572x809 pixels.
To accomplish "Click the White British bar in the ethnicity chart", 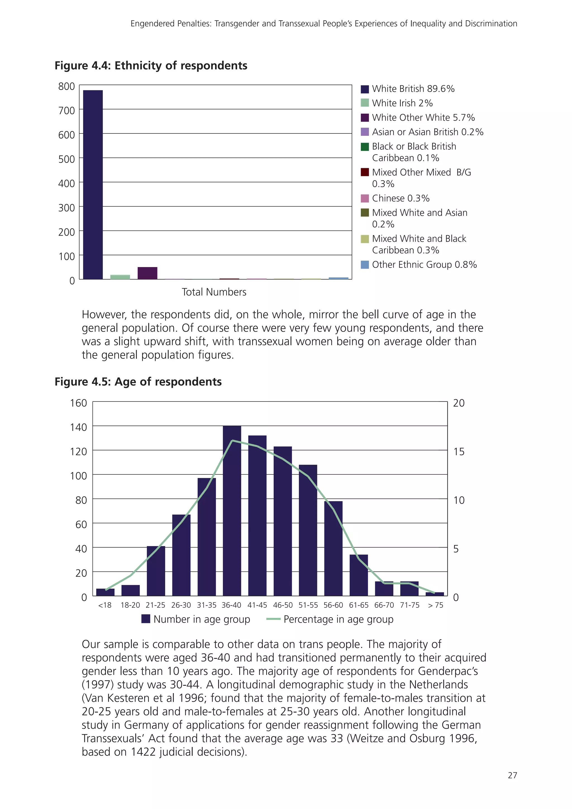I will click(x=93, y=185).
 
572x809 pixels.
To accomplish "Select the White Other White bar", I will click(x=147, y=273).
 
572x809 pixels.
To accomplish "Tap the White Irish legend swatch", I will click(x=365, y=103).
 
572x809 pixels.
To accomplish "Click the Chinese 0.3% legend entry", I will click(x=401, y=198).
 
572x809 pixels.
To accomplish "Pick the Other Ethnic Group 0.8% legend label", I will click(x=424, y=265).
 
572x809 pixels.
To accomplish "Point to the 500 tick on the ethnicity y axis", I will click(x=66, y=159).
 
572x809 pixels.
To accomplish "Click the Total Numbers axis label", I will click(x=214, y=292).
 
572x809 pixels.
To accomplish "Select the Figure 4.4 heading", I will click(x=151, y=66).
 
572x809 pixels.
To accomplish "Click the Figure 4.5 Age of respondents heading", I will click(x=138, y=382).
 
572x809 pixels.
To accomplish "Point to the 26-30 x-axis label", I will click(x=181, y=605).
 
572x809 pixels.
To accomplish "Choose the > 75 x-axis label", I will click(x=435, y=605).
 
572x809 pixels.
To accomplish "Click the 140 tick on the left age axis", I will click(x=78, y=427).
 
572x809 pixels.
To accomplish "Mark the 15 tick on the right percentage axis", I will click(x=459, y=452).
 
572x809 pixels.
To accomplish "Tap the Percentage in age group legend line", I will click(x=273, y=619).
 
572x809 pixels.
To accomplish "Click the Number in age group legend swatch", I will click(x=146, y=619).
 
